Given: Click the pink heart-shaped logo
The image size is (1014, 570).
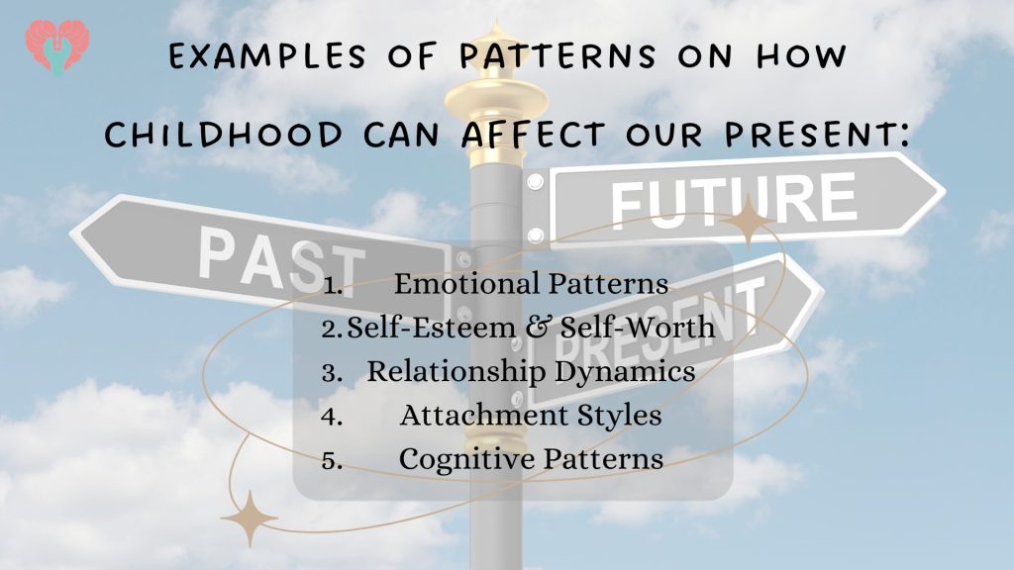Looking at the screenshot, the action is [x=56, y=47].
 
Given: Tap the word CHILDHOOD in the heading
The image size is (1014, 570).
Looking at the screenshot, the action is [x=224, y=135].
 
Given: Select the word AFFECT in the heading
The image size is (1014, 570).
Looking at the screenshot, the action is [x=534, y=135].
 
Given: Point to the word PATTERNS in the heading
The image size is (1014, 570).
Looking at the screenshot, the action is [x=558, y=56].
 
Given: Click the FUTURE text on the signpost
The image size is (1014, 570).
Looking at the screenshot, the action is [x=734, y=199].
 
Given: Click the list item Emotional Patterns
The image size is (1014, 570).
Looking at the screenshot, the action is [x=531, y=284].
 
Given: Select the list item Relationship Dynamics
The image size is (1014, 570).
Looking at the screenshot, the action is [x=531, y=372].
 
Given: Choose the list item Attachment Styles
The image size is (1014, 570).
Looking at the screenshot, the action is [x=531, y=415].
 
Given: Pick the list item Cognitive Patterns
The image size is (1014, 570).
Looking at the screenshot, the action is [x=531, y=459].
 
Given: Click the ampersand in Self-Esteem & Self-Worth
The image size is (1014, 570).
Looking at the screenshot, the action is [x=538, y=327].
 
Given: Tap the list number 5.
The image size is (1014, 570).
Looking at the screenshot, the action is [x=333, y=461].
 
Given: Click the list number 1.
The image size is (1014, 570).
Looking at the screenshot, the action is [x=333, y=286].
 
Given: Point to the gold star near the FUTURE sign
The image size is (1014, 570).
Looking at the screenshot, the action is [x=748, y=220].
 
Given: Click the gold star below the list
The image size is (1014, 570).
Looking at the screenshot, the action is [x=250, y=519].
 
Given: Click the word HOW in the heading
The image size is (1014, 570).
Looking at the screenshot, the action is [x=801, y=56].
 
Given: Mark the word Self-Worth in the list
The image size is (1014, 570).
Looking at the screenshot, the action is [x=638, y=327].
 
